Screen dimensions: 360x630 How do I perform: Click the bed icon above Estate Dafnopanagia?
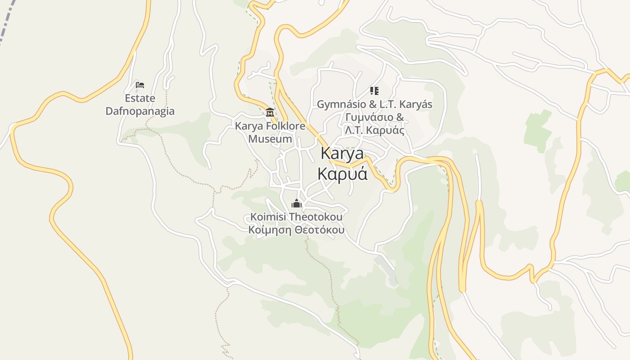140,85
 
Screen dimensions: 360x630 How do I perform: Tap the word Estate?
140,98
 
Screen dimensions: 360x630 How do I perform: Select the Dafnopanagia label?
140,111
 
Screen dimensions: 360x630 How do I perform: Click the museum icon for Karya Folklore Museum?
270,112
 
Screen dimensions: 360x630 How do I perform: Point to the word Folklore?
284,126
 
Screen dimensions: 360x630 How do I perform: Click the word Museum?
270,139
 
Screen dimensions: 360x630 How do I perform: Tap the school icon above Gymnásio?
374,91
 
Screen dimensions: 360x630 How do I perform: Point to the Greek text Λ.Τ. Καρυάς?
374,130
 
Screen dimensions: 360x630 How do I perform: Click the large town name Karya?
342,153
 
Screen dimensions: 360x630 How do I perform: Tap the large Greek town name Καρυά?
342,174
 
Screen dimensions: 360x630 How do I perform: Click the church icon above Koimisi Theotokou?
297,204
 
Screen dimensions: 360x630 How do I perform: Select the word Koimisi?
268,217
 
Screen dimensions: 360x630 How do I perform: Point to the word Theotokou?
315,217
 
